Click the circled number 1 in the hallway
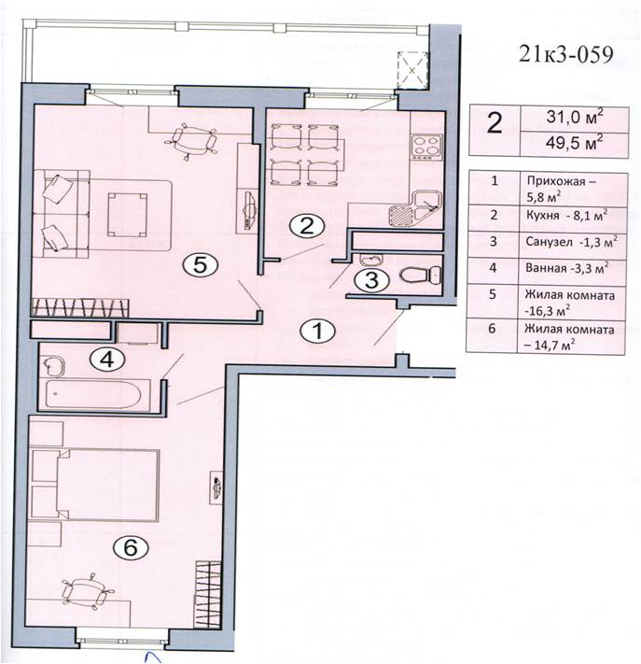click(x=317, y=331)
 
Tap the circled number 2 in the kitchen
click(x=307, y=226)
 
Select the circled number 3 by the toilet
click(x=371, y=280)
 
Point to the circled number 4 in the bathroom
click(x=107, y=360)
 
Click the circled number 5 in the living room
click(x=200, y=265)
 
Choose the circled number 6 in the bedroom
click(x=131, y=548)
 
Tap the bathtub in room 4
click(x=93, y=394)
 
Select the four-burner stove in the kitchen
click(x=427, y=147)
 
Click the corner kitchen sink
click(x=414, y=208)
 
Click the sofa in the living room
click(x=61, y=214)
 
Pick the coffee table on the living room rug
click(x=127, y=214)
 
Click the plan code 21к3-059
click(x=565, y=54)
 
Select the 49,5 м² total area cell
click(x=574, y=143)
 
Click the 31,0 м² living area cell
click(x=574, y=118)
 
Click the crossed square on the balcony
click(x=412, y=71)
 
